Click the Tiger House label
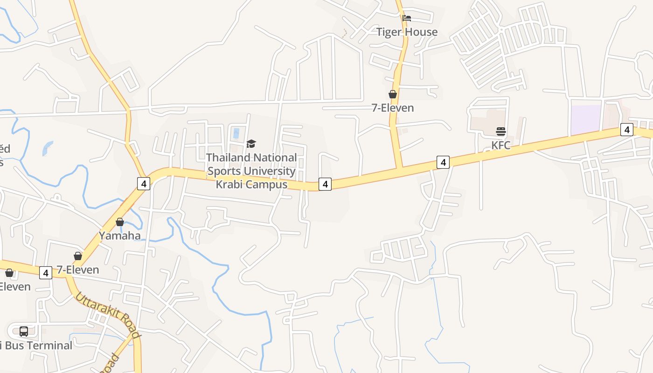[x=407, y=32]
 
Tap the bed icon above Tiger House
[x=407, y=18]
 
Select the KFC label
[x=501, y=145]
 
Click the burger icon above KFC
[x=501, y=131]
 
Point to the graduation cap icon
[x=251, y=144]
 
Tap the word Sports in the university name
[x=224, y=171]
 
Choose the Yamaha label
[x=120, y=235]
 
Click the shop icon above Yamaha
[x=120, y=222]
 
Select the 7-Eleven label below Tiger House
[x=393, y=108]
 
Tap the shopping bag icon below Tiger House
[x=393, y=94]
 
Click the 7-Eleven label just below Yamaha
[x=78, y=269]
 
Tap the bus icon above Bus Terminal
[x=24, y=332]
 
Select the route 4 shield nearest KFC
[x=443, y=162]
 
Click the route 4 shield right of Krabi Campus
[x=325, y=184]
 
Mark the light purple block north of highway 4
[x=586, y=119]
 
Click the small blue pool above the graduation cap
[x=236, y=133]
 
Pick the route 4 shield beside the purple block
[x=627, y=130]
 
